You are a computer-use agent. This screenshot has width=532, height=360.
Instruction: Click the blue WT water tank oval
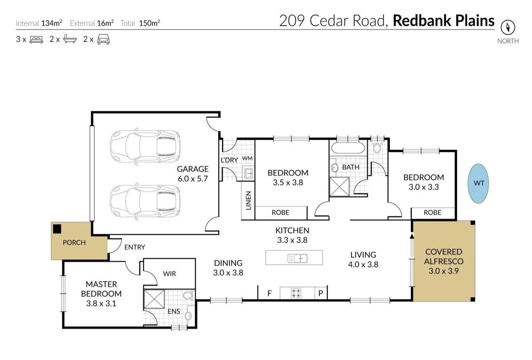coord(479,183)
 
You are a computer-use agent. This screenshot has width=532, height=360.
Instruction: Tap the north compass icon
coord(507,27)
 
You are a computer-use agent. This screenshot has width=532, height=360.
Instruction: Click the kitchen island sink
coord(297,259)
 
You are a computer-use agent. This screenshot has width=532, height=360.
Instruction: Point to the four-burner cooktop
coord(296,293)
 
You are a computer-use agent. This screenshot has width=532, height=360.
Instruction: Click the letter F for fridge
coord(270,293)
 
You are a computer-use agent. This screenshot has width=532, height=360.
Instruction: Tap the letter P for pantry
coord(321,293)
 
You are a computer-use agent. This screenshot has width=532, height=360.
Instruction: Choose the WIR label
coord(169,274)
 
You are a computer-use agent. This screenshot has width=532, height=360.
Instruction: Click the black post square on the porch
coord(57,229)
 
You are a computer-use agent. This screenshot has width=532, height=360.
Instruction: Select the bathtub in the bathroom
coord(348,149)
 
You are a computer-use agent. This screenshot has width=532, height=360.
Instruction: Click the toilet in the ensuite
coord(188,295)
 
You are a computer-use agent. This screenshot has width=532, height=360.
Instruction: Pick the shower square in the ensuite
coord(154,299)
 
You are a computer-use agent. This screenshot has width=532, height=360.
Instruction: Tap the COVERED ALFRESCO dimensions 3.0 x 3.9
coord(443,271)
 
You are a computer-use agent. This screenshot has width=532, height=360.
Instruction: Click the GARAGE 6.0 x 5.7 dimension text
coord(192,179)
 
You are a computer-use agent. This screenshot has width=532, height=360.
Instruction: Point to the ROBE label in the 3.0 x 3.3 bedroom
coord(432,213)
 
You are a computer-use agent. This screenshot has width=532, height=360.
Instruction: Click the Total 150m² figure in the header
coord(149,23)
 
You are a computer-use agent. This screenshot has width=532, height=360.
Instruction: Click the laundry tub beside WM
coord(248,173)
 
